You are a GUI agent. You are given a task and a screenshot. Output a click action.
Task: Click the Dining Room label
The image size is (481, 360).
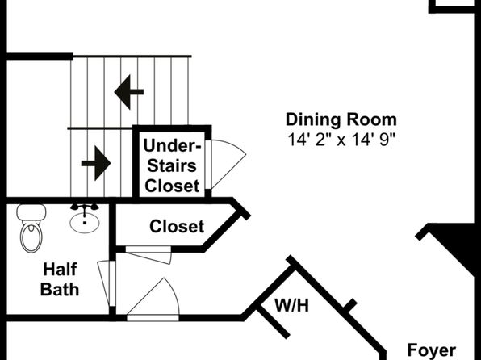tap(341, 119)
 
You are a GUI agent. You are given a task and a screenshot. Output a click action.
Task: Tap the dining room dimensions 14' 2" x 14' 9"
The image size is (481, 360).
tap(341, 140)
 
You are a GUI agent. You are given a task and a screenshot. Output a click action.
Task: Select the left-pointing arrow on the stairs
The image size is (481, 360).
tap(129, 92)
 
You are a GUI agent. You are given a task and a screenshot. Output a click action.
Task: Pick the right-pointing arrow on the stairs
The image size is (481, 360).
tap(96, 163)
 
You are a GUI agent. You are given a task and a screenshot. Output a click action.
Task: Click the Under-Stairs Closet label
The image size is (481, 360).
tap(172, 165)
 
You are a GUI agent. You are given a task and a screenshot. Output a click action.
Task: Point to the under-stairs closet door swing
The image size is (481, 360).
tap(228, 163)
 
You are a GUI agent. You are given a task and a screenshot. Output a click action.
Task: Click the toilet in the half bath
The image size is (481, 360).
tap(31, 228)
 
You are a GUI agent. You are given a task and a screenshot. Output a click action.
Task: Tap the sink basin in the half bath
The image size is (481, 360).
tap(85, 223)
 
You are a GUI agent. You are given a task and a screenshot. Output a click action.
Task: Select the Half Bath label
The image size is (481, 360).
tap(60, 279)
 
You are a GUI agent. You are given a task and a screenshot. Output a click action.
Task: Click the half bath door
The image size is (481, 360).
tap(107, 283)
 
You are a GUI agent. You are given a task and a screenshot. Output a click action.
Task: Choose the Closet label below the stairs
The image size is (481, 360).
tap(177, 227)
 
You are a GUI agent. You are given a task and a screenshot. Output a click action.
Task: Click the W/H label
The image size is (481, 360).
tap(291, 306)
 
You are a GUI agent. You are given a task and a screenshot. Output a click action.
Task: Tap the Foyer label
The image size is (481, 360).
tap(432, 350)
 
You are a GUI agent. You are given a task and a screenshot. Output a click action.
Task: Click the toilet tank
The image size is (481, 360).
tap(31, 212)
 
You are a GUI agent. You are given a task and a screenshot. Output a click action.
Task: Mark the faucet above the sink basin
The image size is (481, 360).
tap(85, 207)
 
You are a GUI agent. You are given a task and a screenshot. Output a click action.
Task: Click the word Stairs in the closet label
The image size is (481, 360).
tap(172, 165)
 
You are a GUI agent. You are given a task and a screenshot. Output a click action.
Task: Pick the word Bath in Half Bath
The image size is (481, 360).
tap(60, 289)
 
